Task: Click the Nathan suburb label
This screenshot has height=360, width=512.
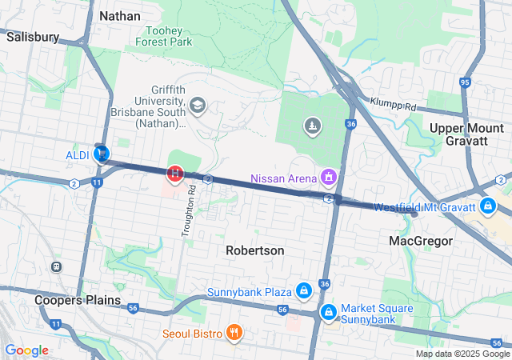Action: [x=120, y=16]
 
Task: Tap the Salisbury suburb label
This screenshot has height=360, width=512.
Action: [x=33, y=37]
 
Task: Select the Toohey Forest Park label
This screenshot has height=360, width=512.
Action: [x=164, y=34]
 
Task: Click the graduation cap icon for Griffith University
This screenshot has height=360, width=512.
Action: [x=197, y=106]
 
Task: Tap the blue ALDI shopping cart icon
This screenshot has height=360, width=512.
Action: [x=102, y=154]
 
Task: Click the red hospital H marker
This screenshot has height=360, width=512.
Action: [x=174, y=173]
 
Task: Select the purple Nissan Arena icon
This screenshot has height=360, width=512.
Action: [x=327, y=176]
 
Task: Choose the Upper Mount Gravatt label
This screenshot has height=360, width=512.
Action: [x=466, y=135]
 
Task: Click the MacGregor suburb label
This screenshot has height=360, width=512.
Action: [x=421, y=241]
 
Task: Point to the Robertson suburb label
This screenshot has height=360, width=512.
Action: [x=254, y=250]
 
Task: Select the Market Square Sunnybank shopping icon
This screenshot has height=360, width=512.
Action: [x=328, y=313]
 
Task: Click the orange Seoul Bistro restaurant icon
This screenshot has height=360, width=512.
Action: [x=234, y=333]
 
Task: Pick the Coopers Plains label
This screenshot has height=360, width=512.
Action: [x=77, y=300]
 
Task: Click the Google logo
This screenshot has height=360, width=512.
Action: [x=27, y=350]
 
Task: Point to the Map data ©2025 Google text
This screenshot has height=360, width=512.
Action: [x=462, y=354]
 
